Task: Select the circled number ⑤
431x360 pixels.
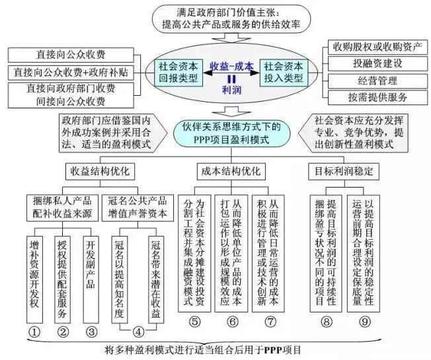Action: pyautogui.click(x=193, y=323)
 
